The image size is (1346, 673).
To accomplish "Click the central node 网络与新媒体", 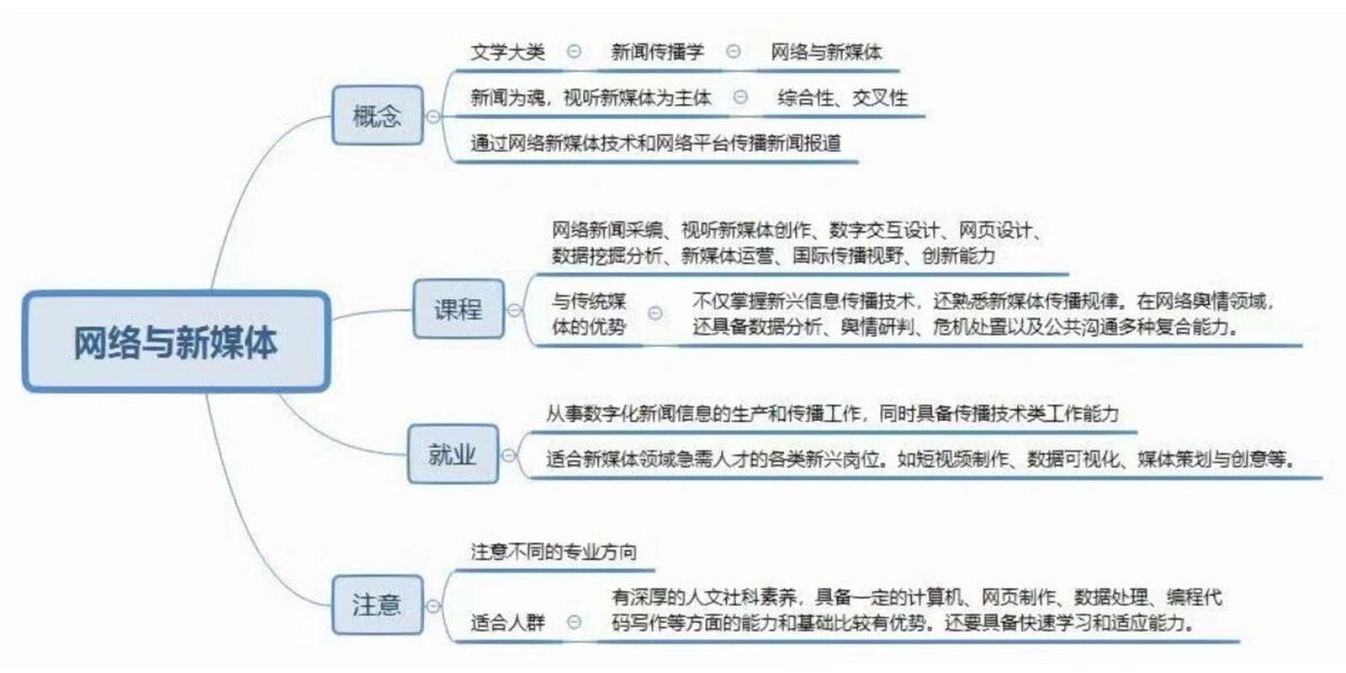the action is (176, 342).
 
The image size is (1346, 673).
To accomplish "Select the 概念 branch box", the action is (378, 114).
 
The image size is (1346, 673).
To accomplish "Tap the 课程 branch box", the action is (458, 309).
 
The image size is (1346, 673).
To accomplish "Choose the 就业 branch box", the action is (453, 453).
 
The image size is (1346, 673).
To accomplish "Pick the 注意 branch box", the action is (378, 605).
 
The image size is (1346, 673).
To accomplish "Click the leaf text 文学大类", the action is (508, 52).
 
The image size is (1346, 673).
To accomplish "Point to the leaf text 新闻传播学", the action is (657, 52).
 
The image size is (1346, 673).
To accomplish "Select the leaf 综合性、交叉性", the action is (842, 98).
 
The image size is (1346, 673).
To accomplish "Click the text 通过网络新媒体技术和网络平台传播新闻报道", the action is (655, 143).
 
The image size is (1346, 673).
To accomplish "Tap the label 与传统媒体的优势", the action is (589, 314).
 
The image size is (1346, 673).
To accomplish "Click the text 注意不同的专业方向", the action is (554, 552).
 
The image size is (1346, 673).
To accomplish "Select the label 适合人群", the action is (508, 623).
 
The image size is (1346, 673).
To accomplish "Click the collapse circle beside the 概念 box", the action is (433, 117).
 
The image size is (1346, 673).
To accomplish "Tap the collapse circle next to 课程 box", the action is (514, 310).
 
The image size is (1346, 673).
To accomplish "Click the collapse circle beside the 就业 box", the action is (508, 455).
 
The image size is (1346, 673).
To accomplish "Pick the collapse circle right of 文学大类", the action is (574, 51).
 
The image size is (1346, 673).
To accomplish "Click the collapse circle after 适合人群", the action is (574, 622).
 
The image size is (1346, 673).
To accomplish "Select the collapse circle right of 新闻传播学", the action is (733, 51).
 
